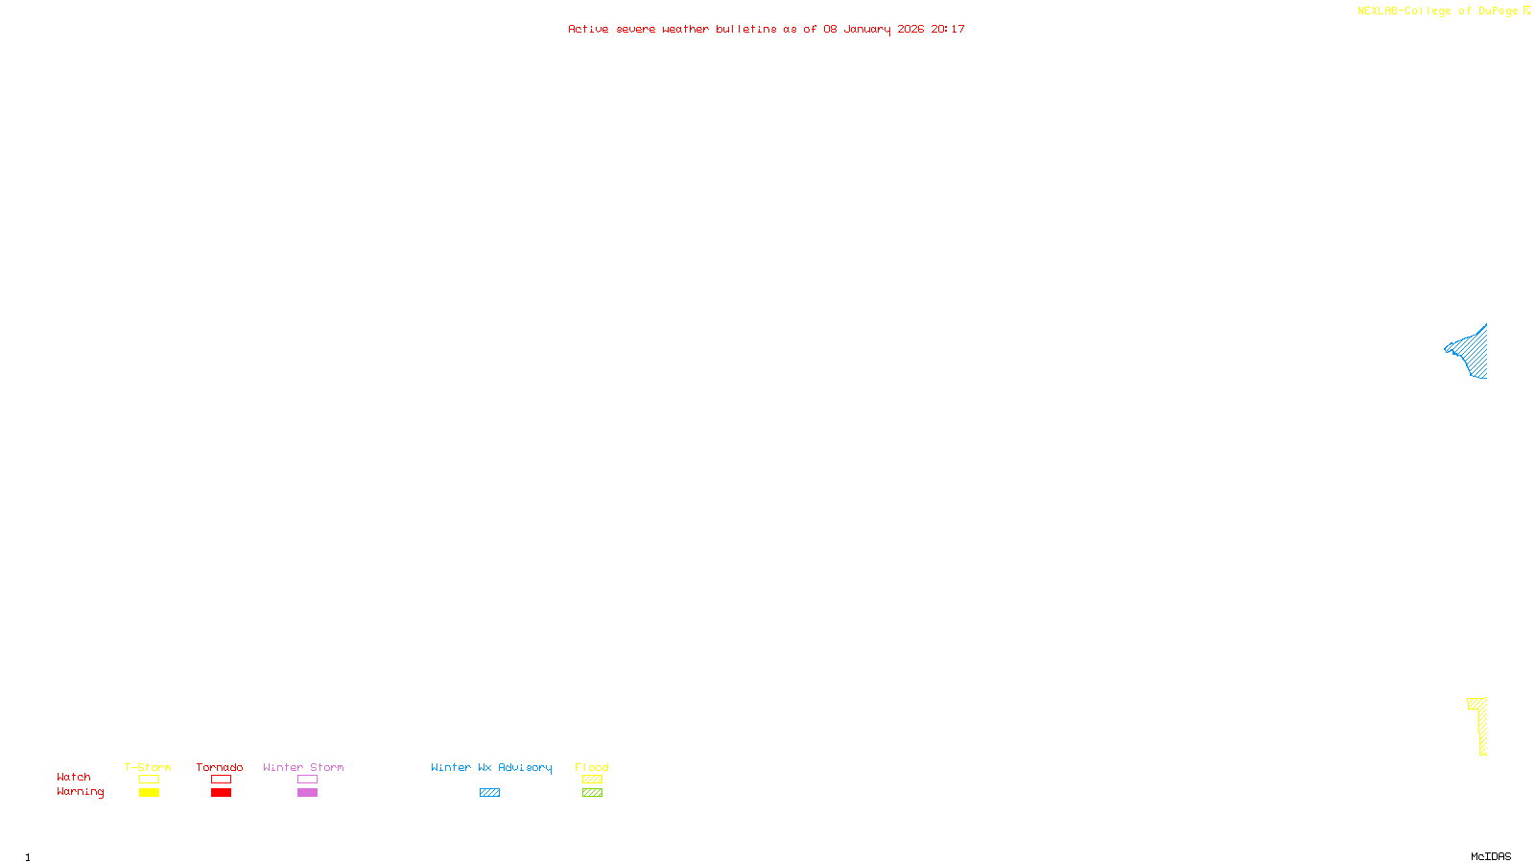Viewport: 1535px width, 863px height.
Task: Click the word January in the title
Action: pos(866,29)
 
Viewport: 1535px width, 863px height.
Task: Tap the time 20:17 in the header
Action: pos(948,29)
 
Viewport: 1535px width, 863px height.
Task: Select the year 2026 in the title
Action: pos(910,29)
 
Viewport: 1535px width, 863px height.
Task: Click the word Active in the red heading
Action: pos(588,29)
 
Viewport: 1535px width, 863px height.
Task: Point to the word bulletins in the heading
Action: pos(746,29)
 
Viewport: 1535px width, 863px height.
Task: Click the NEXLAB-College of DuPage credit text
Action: pos(1437,12)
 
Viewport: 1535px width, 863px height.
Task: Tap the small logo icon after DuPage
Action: pos(1526,11)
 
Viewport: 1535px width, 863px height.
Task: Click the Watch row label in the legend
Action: pos(74,777)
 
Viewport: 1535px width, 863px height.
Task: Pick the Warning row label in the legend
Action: pos(80,792)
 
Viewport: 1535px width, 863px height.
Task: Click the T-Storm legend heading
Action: pos(148,767)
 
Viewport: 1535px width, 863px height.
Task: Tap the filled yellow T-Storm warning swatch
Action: pos(149,793)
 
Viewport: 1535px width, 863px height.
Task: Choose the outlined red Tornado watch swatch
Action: pos(221,780)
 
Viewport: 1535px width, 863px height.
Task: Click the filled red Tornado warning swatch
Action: pos(221,793)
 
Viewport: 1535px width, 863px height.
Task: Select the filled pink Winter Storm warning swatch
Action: pos(307,793)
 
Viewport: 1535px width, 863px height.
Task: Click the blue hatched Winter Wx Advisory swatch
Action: pos(489,793)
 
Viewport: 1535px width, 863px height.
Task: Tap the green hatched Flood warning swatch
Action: pos(592,793)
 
